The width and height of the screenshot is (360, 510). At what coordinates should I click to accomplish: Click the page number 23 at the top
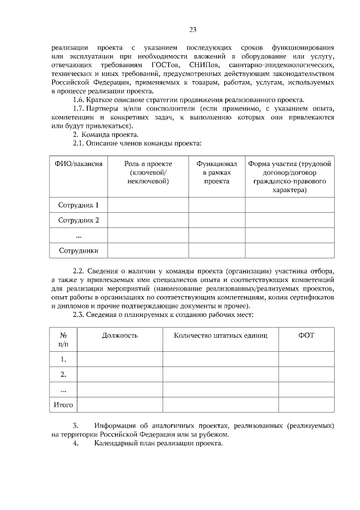click(x=192, y=30)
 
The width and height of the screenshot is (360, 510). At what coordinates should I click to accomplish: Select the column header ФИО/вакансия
click(x=79, y=163)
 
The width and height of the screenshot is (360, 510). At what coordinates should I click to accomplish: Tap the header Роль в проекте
click(x=148, y=172)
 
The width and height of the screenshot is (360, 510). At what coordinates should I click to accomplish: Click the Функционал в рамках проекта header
click(x=217, y=172)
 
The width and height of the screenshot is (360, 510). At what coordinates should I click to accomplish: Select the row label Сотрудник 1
click(x=79, y=205)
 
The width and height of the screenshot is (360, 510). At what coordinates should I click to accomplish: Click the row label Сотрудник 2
click(x=79, y=220)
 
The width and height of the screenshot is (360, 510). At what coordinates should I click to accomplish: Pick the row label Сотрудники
click(x=79, y=250)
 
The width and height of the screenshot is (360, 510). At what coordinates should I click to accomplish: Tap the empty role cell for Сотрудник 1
click(x=148, y=205)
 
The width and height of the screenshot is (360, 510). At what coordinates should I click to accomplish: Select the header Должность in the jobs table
click(x=120, y=335)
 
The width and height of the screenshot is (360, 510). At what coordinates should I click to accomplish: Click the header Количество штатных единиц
click(x=220, y=335)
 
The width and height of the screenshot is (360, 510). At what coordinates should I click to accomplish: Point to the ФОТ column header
click(x=306, y=335)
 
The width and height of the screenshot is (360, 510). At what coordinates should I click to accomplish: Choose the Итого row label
click(x=63, y=404)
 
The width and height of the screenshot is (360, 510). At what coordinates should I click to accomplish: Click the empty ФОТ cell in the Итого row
click(x=306, y=404)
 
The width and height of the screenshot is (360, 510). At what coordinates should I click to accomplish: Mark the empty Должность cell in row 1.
click(x=120, y=359)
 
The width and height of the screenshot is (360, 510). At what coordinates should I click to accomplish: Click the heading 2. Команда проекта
click(x=105, y=135)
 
